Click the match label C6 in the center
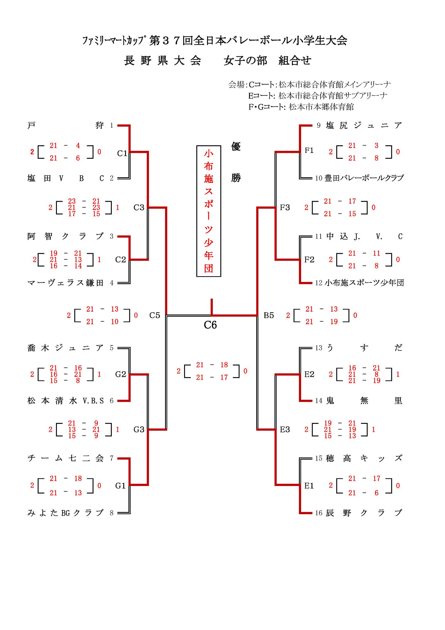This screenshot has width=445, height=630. click(210, 325)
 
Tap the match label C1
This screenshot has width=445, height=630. click(122, 153)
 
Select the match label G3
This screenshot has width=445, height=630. click(139, 429)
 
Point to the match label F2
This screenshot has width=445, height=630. click(309, 260)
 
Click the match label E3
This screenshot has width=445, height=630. click(285, 429)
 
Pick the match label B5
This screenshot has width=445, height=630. click(269, 315)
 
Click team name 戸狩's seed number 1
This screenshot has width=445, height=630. click(112, 126)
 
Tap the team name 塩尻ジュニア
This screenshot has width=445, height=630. click(364, 126)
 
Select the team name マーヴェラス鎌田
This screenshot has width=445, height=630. click(65, 283)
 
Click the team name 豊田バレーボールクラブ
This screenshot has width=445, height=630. click(364, 178)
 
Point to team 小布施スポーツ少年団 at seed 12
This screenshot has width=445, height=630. click(364, 283)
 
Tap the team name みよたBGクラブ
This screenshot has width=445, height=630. click(65, 513)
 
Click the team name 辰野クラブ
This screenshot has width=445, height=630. click(364, 513)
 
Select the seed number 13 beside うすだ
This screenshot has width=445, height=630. click(319, 348)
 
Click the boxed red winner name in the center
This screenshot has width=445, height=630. click(209, 211)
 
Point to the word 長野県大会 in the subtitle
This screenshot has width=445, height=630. click(163, 61)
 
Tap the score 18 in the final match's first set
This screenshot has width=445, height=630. click(224, 365)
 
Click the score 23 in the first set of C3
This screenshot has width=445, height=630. click(72, 201)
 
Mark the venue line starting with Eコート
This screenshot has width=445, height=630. click(317, 96)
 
